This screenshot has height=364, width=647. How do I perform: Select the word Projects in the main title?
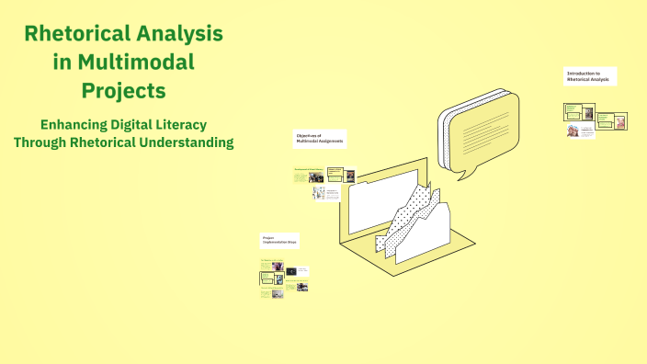pyautogui.click(x=123, y=91)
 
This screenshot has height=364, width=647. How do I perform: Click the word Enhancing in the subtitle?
pyautogui.click(x=74, y=123)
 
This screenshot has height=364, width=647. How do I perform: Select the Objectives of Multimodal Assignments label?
pyautogui.click(x=319, y=138)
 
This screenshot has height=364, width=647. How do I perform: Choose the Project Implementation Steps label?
pyautogui.click(x=280, y=241)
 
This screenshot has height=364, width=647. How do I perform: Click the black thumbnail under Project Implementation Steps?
pyautogui.click(x=291, y=271)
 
